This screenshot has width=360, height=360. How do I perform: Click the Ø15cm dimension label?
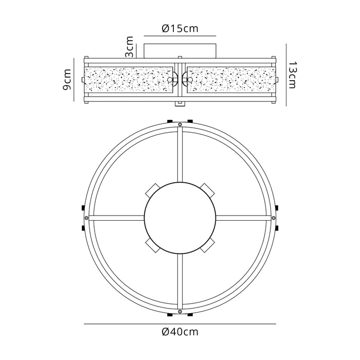pos(180,29)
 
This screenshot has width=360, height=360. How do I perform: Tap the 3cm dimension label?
pos(129,47)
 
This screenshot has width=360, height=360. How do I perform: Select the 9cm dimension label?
pos(67,79)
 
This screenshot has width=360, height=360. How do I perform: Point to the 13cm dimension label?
pos(292,75)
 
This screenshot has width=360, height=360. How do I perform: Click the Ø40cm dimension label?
pos(180,332)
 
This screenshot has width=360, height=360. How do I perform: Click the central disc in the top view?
pos(180,218)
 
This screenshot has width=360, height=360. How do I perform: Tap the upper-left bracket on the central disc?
pos(152,190)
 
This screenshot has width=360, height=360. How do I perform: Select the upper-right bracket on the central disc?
pos(208,190)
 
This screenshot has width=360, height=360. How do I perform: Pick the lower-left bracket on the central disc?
pos(152,245)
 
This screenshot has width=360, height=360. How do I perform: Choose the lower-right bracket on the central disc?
pos(207,245)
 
